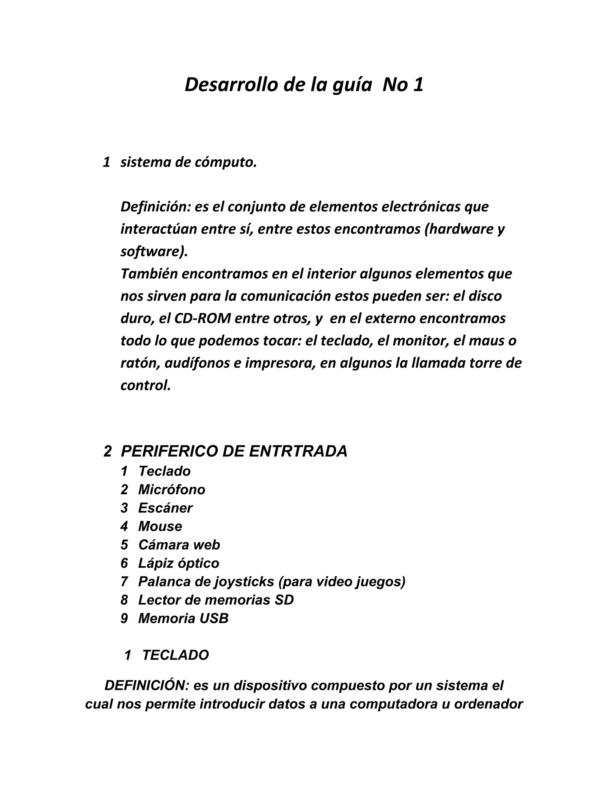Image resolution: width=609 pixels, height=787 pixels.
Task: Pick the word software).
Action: (x=154, y=252)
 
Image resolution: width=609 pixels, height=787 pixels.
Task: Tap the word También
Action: (x=149, y=274)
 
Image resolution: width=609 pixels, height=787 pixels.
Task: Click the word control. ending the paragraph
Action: (x=145, y=385)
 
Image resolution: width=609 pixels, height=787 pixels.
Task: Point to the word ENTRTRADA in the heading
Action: (x=298, y=451)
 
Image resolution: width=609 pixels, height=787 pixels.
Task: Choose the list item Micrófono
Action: (x=172, y=490)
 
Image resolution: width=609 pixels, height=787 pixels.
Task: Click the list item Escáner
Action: (x=165, y=508)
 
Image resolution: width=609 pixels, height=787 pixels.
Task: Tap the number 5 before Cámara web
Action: (x=125, y=545)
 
